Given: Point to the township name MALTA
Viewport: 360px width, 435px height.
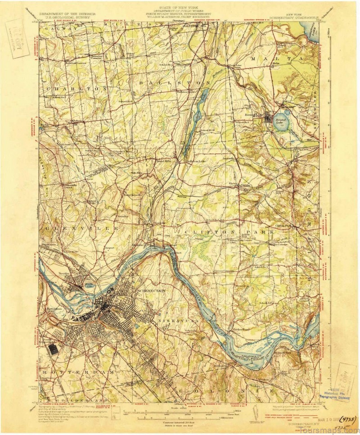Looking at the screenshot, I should point(274,59).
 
